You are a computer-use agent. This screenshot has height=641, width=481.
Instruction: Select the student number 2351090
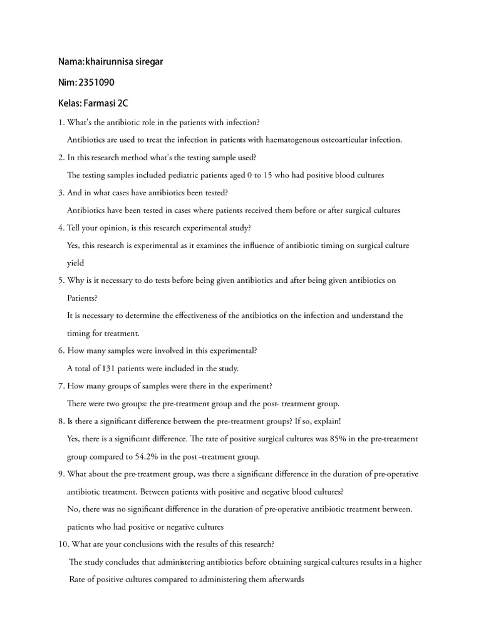tap(96, 82)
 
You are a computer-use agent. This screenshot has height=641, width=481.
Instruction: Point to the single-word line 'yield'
tap(75, 263)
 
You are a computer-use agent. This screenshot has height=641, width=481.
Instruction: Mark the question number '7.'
tap(61, 386)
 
